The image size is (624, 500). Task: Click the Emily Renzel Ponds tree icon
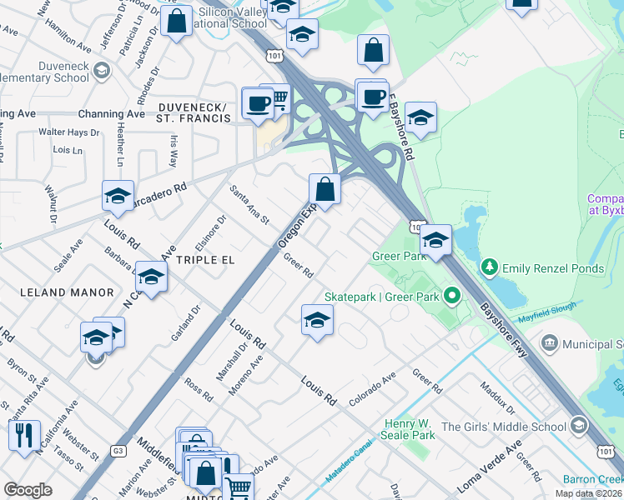click(x=490, y=267)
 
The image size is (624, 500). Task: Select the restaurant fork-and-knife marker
click(x=23, y=435)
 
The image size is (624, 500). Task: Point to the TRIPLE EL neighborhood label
click(x=203, y=260)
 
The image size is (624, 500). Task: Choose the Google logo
click(x=28, y=490)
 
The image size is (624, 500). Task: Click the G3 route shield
click(x=118, y=451)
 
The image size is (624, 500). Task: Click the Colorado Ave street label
click(x=372, y=388)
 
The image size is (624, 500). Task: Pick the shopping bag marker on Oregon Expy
click(x=325, y=189)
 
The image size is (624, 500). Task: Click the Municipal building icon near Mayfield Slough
click(x=550, y=343)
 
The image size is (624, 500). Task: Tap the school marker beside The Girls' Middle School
click(x=577, y=427)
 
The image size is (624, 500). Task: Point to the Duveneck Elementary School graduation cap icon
click(x=102, y=70)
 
